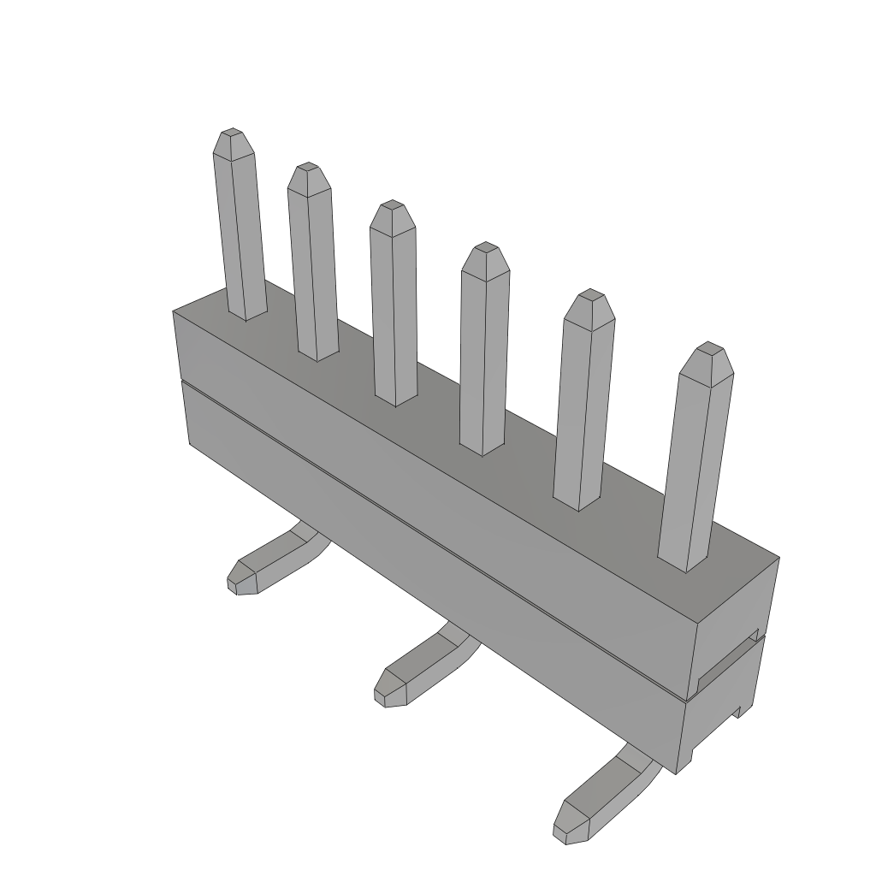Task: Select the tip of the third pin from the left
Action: pyautogui.click(x=392, y=206)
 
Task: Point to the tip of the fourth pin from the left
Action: pyautogui.click(x=486, y=247)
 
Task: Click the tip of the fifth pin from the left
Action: pyautogui.click(x=589, y=295)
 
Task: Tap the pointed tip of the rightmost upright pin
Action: pyautogui.click(x=707, y=347)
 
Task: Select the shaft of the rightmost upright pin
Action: pyautogui.click(x=695, y=471)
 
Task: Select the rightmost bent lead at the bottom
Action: pyautogui.click(x=603, y=791)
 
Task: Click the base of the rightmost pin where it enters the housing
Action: pyautogui.click(x=684, y=560)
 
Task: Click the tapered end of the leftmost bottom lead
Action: pyautogui.click(x=240, y=580)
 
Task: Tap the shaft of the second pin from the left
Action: pyautogui.click(x=312, y=274)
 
